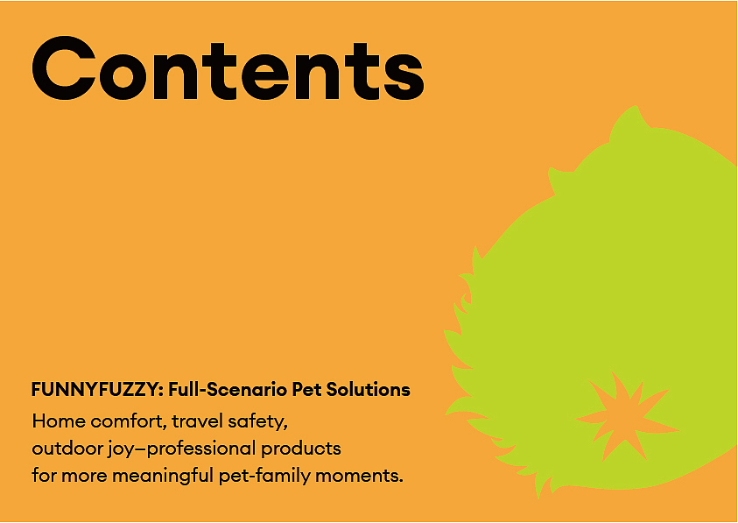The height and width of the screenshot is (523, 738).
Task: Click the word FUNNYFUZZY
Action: pyautogui.click(x=96, y=390)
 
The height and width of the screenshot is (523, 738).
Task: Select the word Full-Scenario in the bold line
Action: pyautogui.click(x=228, y=390)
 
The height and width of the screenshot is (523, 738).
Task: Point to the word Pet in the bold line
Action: pyautogui.click(x=307, y=390)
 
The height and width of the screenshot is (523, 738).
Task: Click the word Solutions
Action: pyautogui.click(x=368, y=390)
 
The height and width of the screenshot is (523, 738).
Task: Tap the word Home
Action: pyautogui.click(x=59, y=421)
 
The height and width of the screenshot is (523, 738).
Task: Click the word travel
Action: pyautogui.click(x=197, y=421)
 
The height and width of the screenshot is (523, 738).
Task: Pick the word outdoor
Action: pyautogui.click(x=67, y=448)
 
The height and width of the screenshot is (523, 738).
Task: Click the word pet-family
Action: pyautogui.click(x=264, y=476)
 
